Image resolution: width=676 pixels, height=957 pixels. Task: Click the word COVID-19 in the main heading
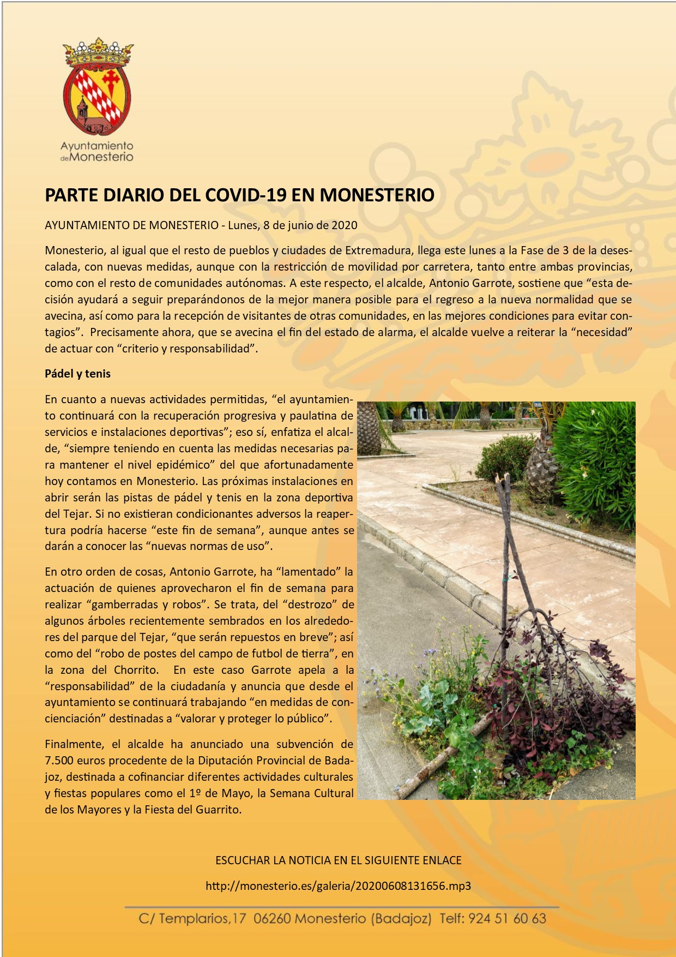pos(246,195)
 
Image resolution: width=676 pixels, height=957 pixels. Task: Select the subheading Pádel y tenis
pos(77,374)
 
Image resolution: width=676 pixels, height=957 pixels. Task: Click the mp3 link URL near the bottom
pos(338,886)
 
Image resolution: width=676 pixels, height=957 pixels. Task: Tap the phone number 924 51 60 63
pos(507,919)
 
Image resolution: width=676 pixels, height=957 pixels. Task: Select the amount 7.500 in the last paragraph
pos(59,761)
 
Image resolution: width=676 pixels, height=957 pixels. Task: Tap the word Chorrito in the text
pos(136,670)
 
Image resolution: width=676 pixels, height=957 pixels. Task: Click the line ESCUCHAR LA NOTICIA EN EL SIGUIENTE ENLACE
pos(338,860)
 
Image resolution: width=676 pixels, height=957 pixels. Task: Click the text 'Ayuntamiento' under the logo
pos(96,146)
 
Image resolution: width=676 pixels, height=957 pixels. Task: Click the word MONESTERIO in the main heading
pos(377,195)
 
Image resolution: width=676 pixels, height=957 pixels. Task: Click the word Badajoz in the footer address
pos(401,919)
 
